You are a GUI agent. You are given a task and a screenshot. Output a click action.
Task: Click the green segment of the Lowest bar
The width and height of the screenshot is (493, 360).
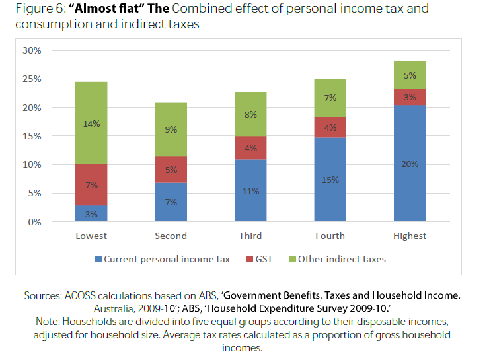tap(91, 123)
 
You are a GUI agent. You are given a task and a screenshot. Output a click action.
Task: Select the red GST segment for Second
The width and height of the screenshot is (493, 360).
tap(171, 169)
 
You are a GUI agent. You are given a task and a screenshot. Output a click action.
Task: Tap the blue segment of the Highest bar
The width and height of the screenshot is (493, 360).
tap(410, 164)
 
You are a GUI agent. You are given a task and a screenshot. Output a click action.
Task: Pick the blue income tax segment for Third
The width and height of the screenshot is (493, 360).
tap(250, 190)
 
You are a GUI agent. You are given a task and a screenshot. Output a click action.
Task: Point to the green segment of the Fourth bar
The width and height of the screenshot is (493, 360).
tap(330, 98)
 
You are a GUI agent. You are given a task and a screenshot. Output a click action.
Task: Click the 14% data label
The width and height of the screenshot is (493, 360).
tap(91, 124)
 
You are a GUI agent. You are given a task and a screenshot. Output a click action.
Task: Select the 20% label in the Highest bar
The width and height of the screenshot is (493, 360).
tap(410, 164)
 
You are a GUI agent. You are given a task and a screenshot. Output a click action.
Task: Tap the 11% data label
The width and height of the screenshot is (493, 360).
tap(250, 191)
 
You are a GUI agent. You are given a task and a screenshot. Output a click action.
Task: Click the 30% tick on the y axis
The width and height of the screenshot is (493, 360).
tap(32, 50)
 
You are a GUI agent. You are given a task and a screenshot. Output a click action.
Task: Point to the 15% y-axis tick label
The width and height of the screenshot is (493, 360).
tap(32, 136)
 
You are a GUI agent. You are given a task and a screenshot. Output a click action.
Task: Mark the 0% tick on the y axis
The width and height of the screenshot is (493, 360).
tap(34, 222)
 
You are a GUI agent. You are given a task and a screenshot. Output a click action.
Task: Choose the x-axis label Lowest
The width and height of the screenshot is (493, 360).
tap(91, 236)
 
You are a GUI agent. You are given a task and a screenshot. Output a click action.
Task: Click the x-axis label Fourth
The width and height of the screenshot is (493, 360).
tap(330, 236)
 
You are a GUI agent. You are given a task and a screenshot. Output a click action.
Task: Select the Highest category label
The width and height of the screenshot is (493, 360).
tap(410, 236)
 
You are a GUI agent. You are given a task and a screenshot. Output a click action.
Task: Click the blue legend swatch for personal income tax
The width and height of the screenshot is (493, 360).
tap(98, 259)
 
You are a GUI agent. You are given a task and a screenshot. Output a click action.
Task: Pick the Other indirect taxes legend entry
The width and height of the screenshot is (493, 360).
tap(342, 259)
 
